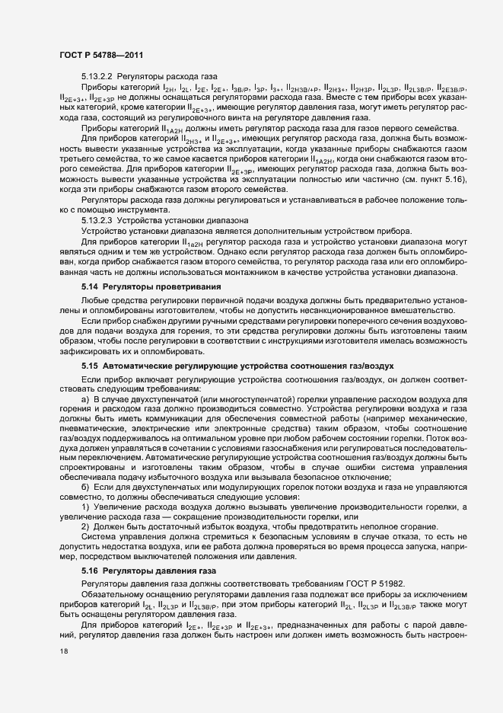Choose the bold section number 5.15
coord(90,365)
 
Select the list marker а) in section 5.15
coord(85,398)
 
